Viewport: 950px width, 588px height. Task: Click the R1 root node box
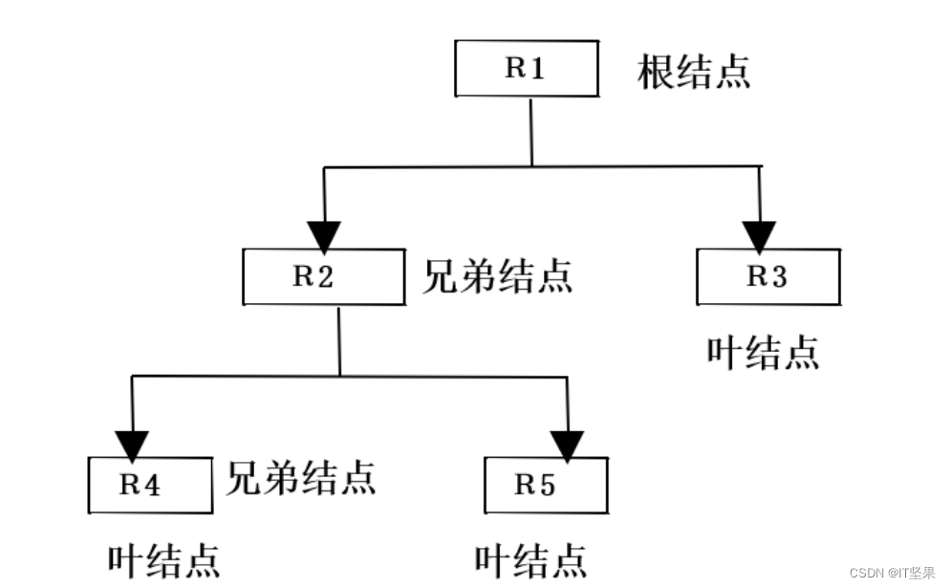click(526, 69)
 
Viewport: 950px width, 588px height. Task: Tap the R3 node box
click(767, 277)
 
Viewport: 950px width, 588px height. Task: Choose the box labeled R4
click(150, 485)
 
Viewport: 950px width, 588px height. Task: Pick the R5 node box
click(546, 485)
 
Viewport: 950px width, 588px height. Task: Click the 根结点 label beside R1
click(694, 72)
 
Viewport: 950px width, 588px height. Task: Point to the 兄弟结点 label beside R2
click(497, 276)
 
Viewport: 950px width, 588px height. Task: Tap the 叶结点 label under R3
click(763, 352)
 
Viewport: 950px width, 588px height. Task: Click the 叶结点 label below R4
click(163, 560)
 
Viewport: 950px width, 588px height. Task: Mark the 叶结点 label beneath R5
click(530, 560)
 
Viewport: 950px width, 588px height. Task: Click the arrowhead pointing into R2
click(325, 235)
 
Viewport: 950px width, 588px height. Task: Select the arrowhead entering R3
click(760, 235)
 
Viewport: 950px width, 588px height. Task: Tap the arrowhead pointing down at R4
click(132, 445)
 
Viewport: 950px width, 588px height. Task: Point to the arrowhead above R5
click(568, 445)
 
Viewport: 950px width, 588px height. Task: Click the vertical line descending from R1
click(530, 132)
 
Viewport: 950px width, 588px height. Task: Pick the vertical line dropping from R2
click(339, 342)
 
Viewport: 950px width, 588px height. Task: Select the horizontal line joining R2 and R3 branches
click(542, 167)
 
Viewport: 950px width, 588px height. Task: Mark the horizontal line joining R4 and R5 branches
click(350, 377)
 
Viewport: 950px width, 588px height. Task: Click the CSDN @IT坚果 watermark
click(892, 573)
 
